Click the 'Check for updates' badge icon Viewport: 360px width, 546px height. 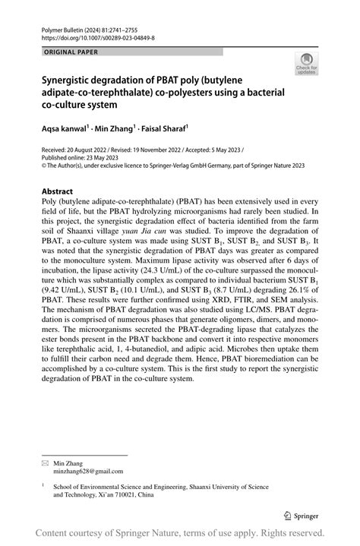tap(307, 64)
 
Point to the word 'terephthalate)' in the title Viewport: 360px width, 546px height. tap(142, 90)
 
